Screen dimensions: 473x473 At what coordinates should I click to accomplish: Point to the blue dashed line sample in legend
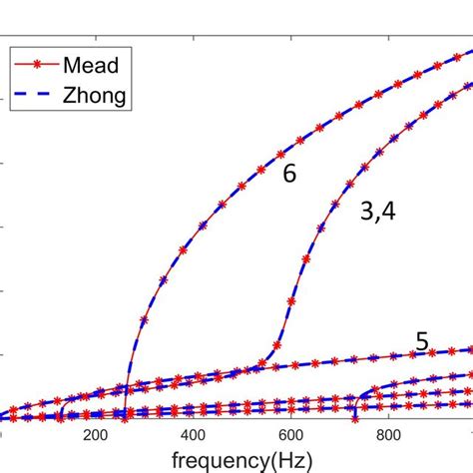(39, 97)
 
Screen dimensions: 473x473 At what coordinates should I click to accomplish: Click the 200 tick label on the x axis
(96, 435)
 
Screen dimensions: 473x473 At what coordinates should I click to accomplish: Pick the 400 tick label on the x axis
(194, 435)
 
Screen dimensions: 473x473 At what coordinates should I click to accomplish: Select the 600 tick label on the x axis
(291, 435)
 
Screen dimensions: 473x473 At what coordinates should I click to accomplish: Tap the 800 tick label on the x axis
(389, 435)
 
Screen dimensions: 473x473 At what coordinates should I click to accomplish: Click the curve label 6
(288, 173)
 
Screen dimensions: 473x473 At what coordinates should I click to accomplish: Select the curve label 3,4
(376, 210)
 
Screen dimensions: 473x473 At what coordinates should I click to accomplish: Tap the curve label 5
(422, 341)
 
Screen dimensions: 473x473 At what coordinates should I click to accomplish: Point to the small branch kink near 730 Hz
(356, 397)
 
